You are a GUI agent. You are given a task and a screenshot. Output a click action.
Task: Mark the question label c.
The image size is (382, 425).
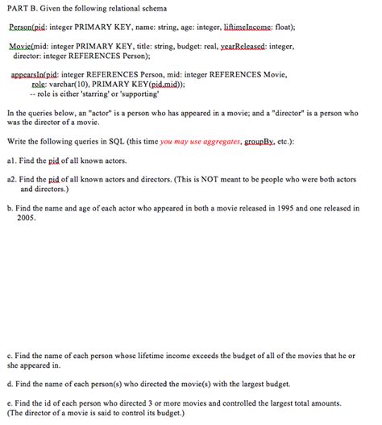pos(8,354)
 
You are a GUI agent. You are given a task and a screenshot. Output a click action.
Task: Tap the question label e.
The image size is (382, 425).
pos(8,402)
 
